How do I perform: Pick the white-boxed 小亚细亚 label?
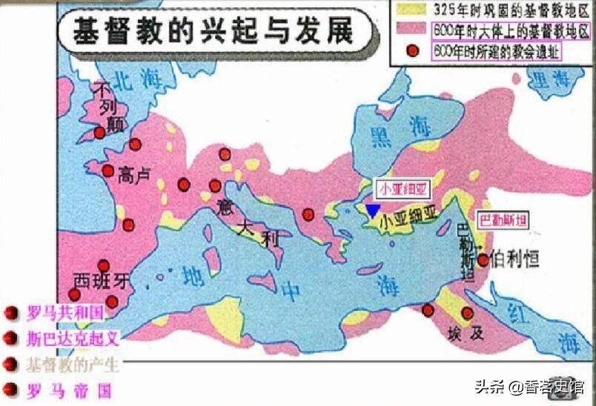400,187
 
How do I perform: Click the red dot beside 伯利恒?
483,259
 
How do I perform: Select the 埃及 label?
466,333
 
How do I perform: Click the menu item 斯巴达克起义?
72,339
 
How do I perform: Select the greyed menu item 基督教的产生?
72,364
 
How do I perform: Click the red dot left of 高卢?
107,170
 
